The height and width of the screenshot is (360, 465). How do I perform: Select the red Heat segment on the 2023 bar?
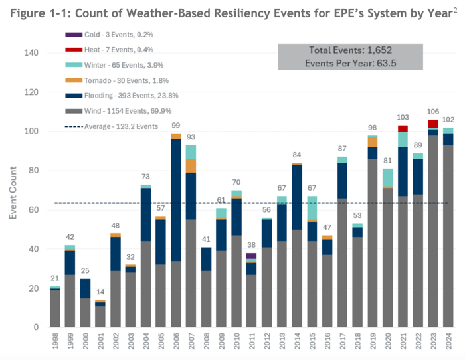(433, 124)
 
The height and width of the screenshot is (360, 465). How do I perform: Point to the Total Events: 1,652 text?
(351, 50)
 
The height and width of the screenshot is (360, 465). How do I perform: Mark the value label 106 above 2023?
(433, 111)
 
